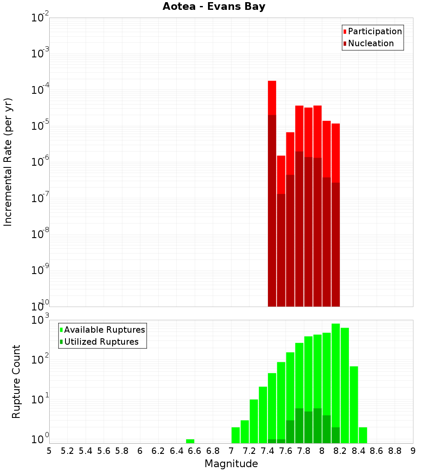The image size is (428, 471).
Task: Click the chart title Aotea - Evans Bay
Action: tap(214, 7)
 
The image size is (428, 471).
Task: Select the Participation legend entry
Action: tap(374, 31)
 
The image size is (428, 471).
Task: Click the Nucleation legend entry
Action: tap(370, 43)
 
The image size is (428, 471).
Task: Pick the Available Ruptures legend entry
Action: tap(104, 330)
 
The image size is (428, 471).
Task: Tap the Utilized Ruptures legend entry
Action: tap(101, 342)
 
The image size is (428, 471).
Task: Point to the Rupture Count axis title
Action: tap(16, 382)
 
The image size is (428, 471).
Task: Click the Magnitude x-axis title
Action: tap(231, 463)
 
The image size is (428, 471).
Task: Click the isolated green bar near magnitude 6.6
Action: tap(190, 441)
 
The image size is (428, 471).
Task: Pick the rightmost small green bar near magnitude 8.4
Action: tap(363, 435)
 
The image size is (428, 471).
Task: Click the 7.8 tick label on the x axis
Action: tap(304, 450)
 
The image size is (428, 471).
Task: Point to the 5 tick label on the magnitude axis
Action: tap(49, 450)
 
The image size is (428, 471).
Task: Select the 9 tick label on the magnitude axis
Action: tap(413, 450)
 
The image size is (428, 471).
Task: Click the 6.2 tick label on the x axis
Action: tap(158, 450)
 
